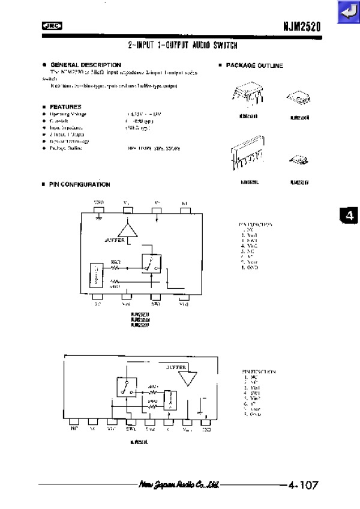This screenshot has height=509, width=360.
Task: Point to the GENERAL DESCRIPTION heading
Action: coord(85,65)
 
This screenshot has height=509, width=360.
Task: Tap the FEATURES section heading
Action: coord(65,107)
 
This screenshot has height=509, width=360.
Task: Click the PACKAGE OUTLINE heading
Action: coord(254,65)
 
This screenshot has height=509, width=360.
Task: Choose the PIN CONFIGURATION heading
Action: coord(79,185)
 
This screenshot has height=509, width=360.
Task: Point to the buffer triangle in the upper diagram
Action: coord(128,231)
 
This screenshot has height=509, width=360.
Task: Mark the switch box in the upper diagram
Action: coord(150,262)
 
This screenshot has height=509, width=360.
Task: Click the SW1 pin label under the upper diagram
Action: coord(155,304)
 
